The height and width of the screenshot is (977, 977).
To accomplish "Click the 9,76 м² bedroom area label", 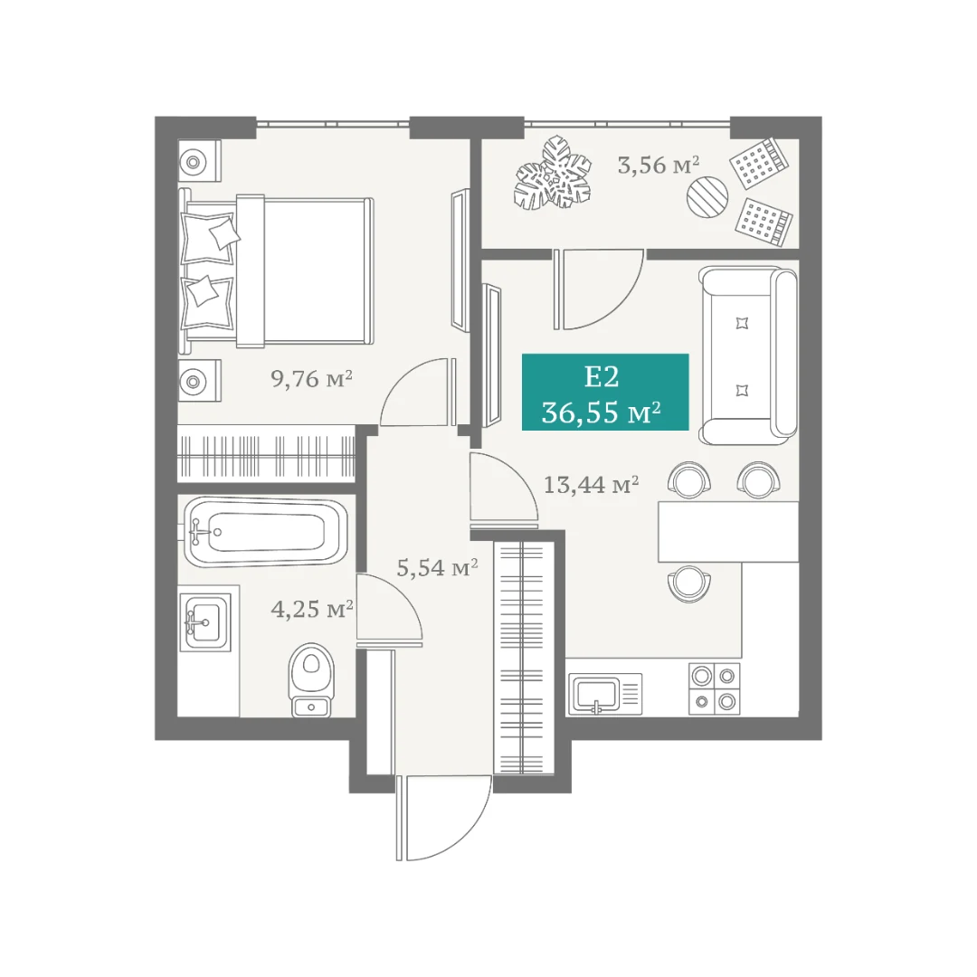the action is [x=311, y=378].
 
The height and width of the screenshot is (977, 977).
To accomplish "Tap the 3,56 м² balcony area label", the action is [x=659, y=166].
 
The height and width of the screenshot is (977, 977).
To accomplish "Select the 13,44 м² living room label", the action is [x=592, y=484].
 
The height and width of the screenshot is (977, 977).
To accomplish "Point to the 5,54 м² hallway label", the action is [x=438, y=567].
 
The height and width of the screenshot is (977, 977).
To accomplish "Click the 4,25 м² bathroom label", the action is [x=312, y=609].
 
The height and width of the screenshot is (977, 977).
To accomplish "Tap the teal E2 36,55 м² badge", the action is [x=605, y=392].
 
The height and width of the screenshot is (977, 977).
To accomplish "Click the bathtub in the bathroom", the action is [x=265, y=532].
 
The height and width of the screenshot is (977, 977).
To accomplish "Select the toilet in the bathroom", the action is [x=311, y=679].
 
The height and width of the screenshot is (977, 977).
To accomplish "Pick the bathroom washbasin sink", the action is [x=205, y=621].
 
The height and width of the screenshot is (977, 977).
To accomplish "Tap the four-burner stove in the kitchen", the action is [x=714, y=688].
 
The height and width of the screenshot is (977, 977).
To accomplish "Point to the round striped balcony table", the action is [x=707, y=196].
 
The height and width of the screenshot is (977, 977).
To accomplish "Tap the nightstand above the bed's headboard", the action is [x=199, y=160].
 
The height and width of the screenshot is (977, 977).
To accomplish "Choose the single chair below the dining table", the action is [x=688, y=583].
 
